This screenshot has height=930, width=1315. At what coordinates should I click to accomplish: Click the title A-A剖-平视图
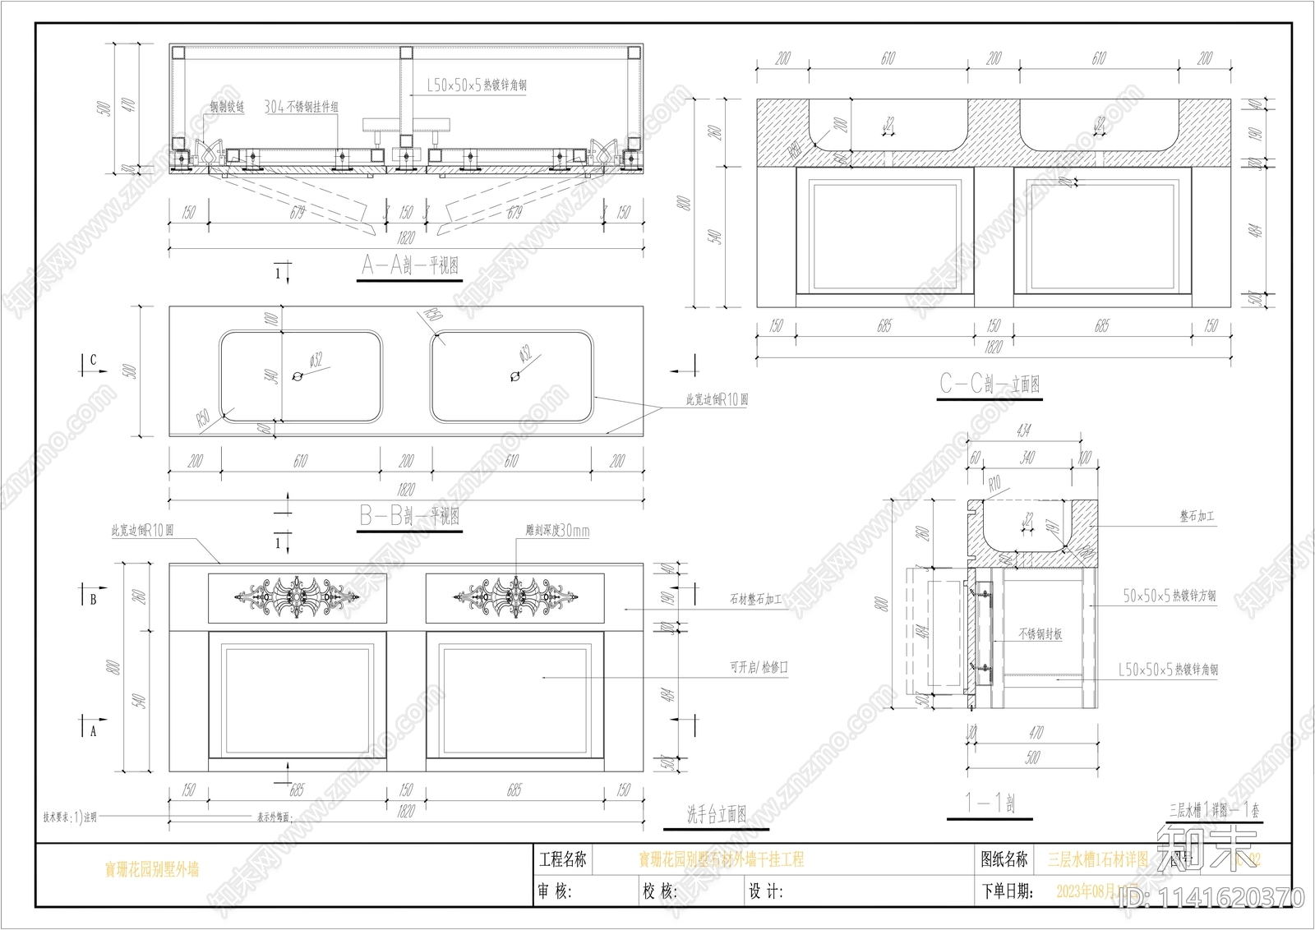tap(410, 265)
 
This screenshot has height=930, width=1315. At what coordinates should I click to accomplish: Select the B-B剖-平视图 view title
tap(409, 516)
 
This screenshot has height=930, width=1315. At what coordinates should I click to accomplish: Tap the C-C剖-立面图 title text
tap(990, 384)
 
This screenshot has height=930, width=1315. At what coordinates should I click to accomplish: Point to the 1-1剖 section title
tap(990, 803)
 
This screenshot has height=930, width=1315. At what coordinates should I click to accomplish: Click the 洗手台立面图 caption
tap(716, 813)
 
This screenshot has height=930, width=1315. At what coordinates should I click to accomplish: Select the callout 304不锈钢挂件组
tap(301, 107)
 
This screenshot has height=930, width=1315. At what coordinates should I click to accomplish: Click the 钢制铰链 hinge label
tap(227, 107)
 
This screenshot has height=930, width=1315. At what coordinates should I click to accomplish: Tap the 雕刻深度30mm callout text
tap(557, 531)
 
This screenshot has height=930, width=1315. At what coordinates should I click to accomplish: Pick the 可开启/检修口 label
tap(759, 667)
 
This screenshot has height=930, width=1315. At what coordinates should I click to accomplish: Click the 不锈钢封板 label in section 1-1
tap(1040, 633)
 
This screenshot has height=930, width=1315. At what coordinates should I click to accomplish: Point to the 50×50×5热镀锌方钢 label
tap(1170, 596)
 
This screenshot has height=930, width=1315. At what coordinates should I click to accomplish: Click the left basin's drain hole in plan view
tap(298, 377)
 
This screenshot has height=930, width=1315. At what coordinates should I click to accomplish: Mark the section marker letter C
tap(93, 360)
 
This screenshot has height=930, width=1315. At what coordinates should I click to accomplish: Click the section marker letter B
tap(93, 599)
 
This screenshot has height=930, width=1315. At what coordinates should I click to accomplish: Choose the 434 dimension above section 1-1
tap(1023, 430)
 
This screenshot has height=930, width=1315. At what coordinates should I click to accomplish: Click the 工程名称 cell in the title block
tap(562, 860)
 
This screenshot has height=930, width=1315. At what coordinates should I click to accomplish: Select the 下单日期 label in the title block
tap(1006, 891)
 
